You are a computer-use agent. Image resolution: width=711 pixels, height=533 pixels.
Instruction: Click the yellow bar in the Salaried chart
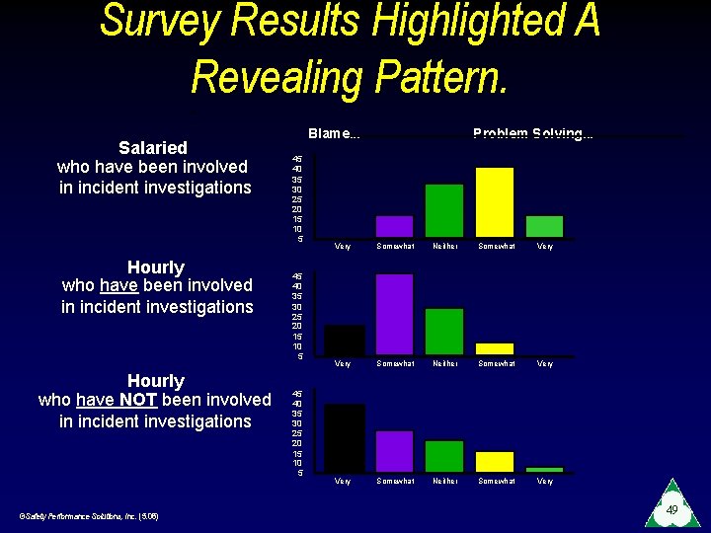(x=495, y=202)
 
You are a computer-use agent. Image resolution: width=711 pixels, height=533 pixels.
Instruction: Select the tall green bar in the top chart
(x=443, y=210)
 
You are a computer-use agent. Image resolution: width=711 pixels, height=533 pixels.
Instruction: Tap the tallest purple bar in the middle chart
(x=394, y=314)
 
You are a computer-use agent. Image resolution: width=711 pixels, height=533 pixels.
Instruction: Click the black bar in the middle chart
(x=345, y=340)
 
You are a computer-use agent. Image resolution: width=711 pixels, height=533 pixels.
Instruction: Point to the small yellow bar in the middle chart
(x=495, y=348)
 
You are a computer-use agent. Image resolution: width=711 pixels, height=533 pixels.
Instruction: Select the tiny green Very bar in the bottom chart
(x=544, y=469)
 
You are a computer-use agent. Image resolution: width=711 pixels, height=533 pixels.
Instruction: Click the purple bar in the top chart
(x=394, y=226)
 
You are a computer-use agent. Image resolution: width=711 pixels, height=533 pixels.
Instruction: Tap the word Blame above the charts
(x=331, y=133)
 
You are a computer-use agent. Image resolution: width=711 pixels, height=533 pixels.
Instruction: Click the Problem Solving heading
(x=531, y=133)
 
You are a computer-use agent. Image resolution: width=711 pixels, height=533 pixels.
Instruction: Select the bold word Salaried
(x=153, y=147)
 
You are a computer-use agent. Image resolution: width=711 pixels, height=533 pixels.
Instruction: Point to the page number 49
(x=671, y=510)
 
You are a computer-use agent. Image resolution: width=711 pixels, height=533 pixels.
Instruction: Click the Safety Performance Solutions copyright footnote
(x=89, y=515)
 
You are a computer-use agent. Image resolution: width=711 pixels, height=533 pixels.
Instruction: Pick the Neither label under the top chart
(x=445, y=246)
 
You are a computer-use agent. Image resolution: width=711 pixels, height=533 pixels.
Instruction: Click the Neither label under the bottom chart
(x=445, y=481)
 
